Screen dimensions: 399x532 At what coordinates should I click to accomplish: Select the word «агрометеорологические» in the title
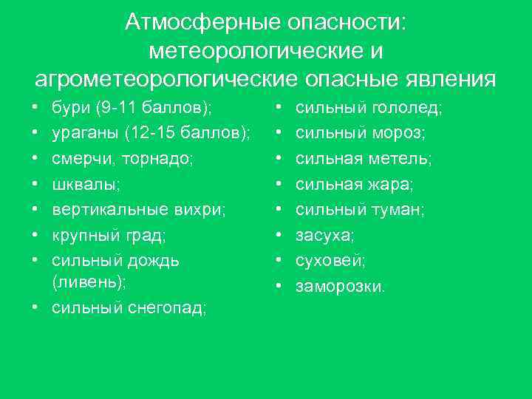tap(163, 78)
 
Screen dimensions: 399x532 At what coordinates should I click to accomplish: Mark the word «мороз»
tap(400, 134)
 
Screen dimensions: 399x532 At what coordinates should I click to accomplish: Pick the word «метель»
tap(406, 159)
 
